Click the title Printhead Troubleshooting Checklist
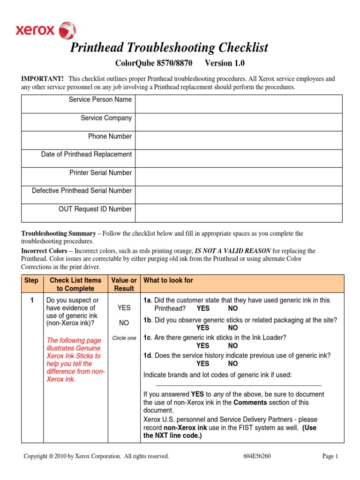(x=169, y=47)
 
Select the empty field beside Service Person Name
(x=239, y=104)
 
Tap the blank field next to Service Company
(x=239, y=122)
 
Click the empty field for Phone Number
(x=239, y=140)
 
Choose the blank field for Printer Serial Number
(x=239, y=176)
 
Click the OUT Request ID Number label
(x=95, y=209)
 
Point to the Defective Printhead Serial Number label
(x=82, y=191)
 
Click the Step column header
(x=31, y=280)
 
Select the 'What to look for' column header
(x=168, y=280)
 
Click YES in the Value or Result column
(x=124, y=307)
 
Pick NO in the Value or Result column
(x=124, y=323)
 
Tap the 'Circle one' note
(x=124, y=338)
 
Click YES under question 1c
(x=203, y=345)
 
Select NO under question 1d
(x=233, y=363)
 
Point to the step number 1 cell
(x=32, y=300)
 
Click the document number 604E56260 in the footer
(x=253, y=456)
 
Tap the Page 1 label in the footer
(x=330, y=456)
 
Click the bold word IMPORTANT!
(x=41, y=79)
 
